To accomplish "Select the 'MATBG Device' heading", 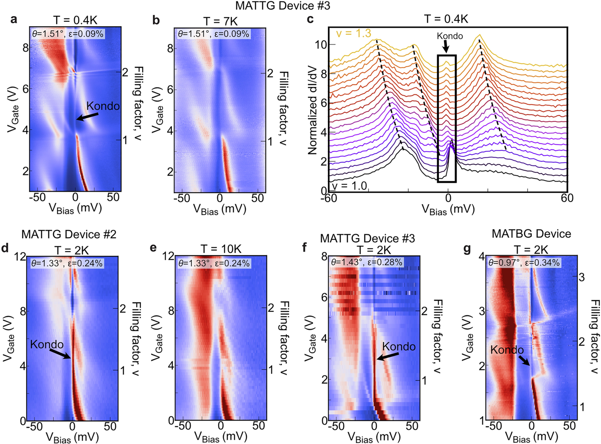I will [531, 234].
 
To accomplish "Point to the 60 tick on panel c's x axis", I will [567, 198].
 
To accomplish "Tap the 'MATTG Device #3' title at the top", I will [283, 6].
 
